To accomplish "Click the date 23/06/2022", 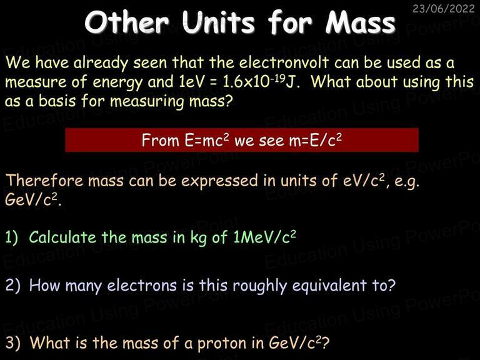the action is pos(443,8).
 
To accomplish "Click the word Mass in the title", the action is pos(360,22).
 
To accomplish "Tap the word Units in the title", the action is pos(218,22).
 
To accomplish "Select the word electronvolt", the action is pos(284,62).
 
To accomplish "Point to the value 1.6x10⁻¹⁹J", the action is pos(261,82).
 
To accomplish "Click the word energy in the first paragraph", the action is pos(117,82).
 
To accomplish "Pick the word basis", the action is pos(57,101).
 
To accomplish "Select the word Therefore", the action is pos(44,180).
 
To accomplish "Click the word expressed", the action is pos(219,181).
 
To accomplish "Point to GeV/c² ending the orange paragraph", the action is pos(32,199).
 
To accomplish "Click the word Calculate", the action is pos(62,237).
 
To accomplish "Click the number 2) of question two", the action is pos(13,285).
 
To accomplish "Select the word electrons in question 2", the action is pos(142,285).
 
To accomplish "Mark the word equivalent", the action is pos(329,286).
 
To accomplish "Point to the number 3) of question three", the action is pos(13,342).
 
